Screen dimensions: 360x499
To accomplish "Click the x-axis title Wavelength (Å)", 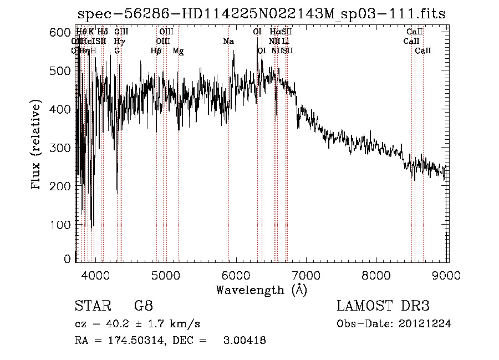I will tap(261, 290).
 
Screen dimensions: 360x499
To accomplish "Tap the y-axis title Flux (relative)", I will tap(37, 145).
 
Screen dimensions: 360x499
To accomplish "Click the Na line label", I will tap(228, 41).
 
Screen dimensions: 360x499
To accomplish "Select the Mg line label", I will tap(179, 51).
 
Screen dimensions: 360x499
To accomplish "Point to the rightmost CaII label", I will tap(423, 51).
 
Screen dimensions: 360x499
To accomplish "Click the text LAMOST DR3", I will tap(383, 306).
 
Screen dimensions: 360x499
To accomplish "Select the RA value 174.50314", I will tap(133, 341).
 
